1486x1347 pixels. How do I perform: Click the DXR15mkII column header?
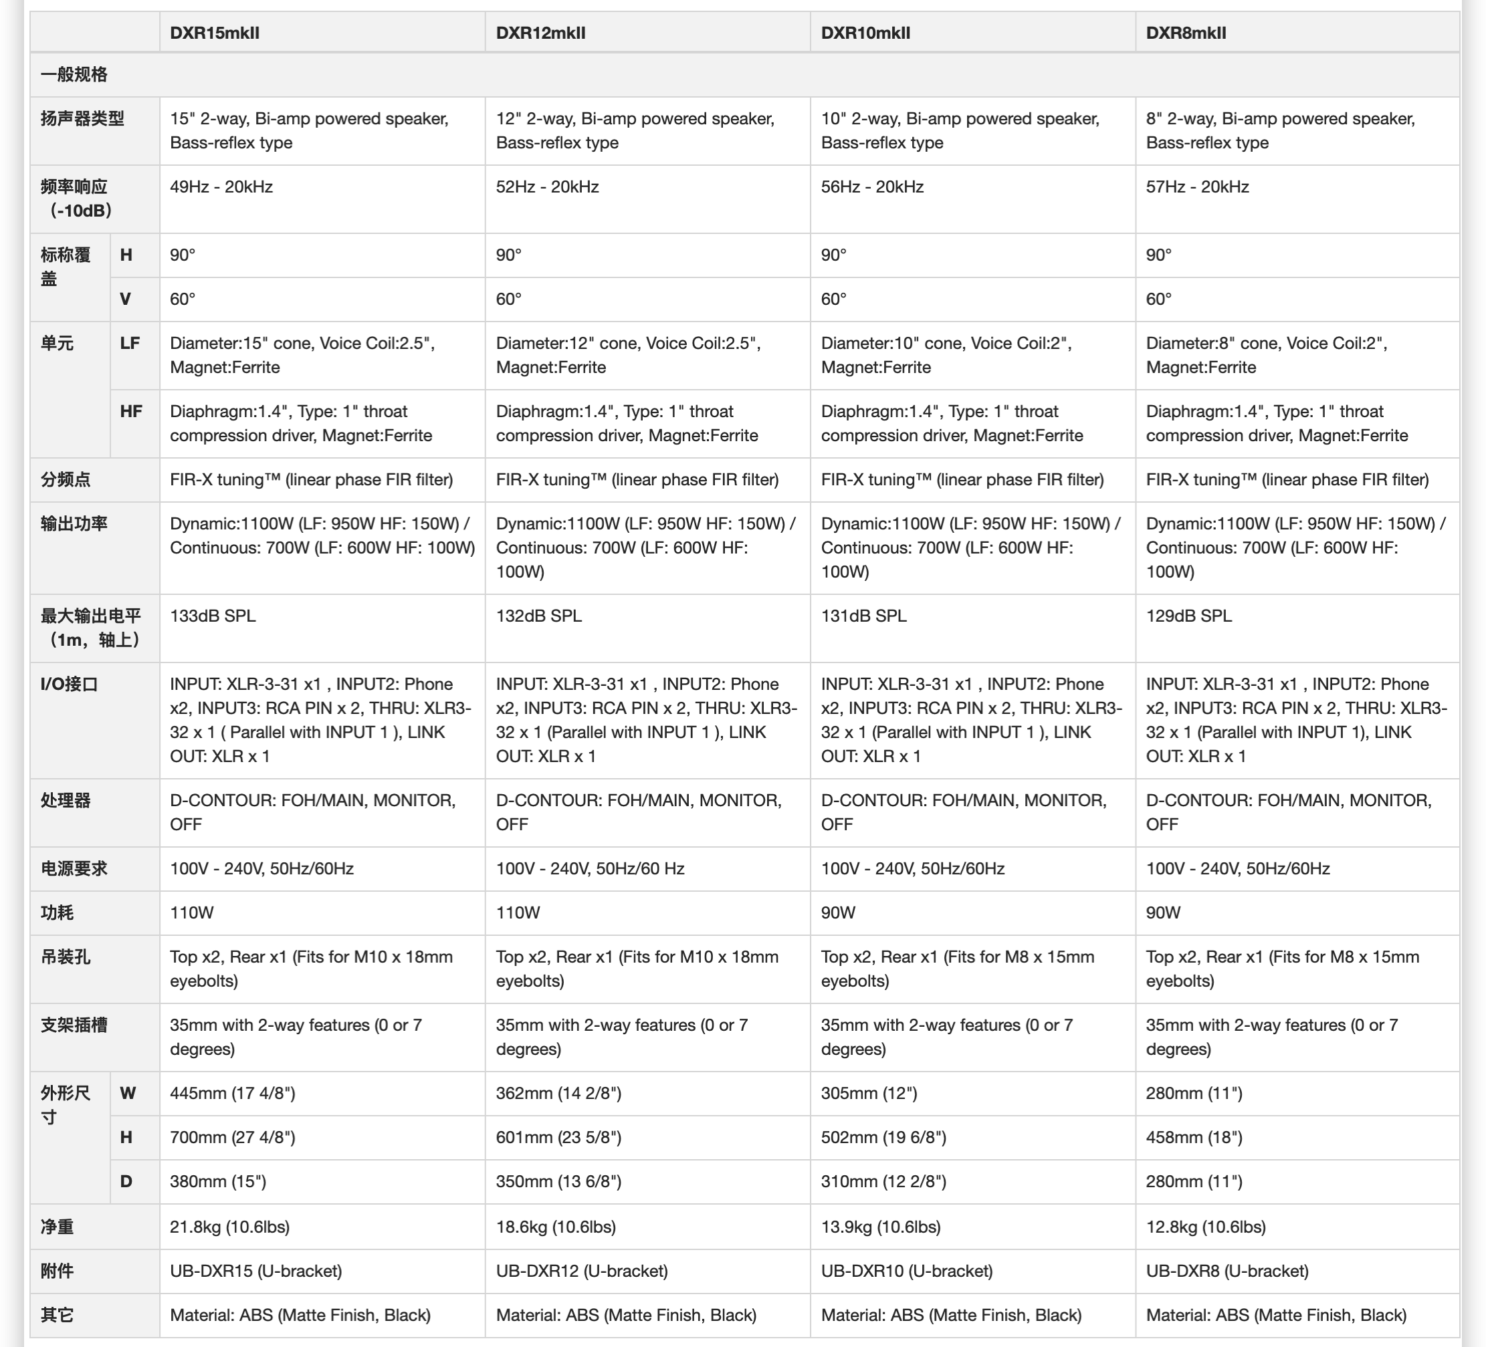215,33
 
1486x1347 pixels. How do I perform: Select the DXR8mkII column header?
1186,33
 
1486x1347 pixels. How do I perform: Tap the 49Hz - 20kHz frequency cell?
221,187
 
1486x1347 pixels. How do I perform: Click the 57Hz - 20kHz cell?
1197,187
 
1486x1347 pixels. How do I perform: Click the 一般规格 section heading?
74,74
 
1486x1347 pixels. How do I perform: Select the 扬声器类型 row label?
82,118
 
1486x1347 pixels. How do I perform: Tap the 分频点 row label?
66,480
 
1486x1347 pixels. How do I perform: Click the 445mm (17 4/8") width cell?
232,1094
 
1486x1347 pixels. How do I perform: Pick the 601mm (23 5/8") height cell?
558,1138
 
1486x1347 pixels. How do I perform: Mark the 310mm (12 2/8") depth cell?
883,1182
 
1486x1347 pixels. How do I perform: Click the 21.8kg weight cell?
229,1227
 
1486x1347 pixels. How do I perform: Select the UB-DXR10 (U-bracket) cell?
907,1271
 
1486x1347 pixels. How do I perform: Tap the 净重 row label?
57,1227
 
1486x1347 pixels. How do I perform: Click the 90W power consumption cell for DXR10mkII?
838,913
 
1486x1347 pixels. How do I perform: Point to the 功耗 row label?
57,913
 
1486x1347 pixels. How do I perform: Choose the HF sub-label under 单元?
131,412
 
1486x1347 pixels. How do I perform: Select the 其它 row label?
57,1316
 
